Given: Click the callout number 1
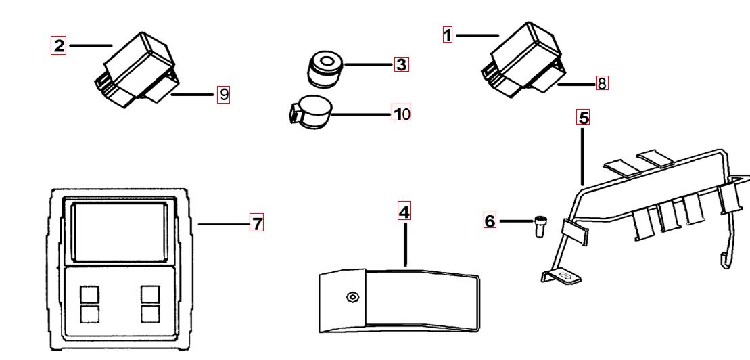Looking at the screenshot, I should tap(448, 35).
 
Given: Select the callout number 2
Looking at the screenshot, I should tap(59, 46).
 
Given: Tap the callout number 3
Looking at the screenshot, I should tap(402, 64).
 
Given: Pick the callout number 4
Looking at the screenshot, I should tap(404, 212).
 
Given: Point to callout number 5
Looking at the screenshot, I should tap(583, 117).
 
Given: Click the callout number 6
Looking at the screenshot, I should tap(490, 221).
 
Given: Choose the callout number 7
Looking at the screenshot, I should tap(256, 223).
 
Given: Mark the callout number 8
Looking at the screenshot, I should tap(602, 84).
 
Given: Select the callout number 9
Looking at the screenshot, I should tap(223, 95).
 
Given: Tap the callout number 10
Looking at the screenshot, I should tap(402, 113).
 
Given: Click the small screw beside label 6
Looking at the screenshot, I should tap(540, 226).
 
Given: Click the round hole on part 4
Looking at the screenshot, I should tap(352, 297).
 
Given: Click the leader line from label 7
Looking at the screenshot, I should tap(223, 223).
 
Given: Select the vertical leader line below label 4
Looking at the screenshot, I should tap(405, 244).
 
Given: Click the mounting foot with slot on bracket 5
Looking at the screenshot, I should tap(562, 276).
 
